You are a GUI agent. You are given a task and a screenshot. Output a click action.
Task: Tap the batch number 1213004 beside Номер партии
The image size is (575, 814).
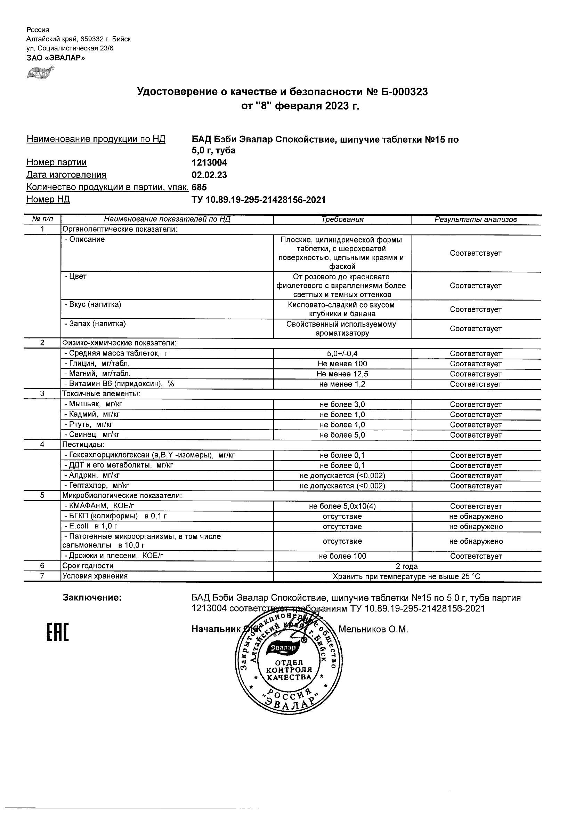coord(209,163)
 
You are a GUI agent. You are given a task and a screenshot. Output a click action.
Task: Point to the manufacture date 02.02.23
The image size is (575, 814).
coord(209,175)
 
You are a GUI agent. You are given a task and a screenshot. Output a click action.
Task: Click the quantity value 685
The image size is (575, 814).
coord(199,187)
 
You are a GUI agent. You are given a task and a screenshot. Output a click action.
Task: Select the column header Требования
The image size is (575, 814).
coord(342,220)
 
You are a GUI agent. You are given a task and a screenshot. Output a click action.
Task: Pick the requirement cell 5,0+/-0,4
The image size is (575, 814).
coord(342,353)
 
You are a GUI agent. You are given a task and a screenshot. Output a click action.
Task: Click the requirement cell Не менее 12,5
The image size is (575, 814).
coord(342,374)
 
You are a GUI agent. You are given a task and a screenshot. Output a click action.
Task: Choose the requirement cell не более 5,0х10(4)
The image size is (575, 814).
coord(342,506)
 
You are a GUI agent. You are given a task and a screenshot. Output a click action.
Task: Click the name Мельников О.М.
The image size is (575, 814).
coord(373,629)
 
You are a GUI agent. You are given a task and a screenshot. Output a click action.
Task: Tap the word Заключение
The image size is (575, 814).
coord(92,598)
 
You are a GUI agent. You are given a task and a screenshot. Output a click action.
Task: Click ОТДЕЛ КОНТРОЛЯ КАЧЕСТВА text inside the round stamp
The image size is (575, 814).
coord(289,670)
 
